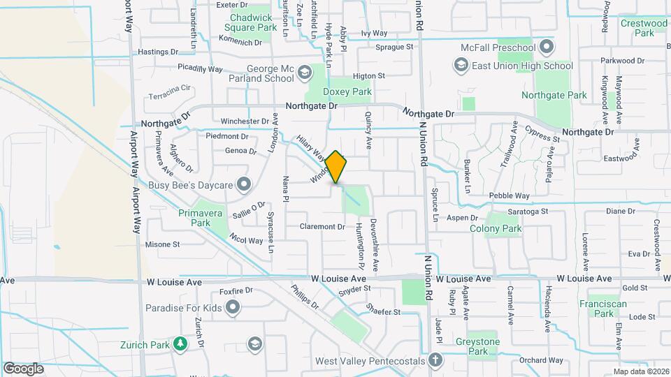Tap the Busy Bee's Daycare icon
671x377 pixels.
pyautogui.click(x=244, y=185)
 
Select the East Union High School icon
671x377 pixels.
pyautogui.click(x=461, y=66)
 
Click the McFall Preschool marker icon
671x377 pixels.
pyautogui.click(x=547, y=47)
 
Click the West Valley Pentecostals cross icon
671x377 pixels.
pyautogui.click(x=435, y=361)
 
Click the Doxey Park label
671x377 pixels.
pyautogui.click(x=347, y=91)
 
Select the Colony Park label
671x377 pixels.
pyautogui.click(x=496, y=228)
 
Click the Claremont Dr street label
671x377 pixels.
pyautogui.click(x=322, y=226)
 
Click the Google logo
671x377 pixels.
pyautogui.click(x=23, y=369)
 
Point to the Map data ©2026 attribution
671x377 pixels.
pyautogui.click(x=640, y=371)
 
